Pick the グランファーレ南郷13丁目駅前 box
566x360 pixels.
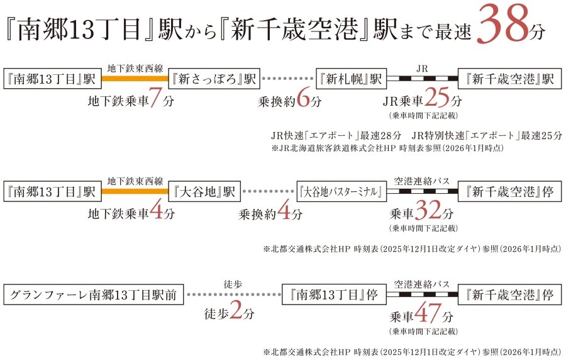(95, 293)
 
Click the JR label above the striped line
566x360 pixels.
(422, 67)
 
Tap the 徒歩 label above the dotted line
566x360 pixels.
(233, 284)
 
